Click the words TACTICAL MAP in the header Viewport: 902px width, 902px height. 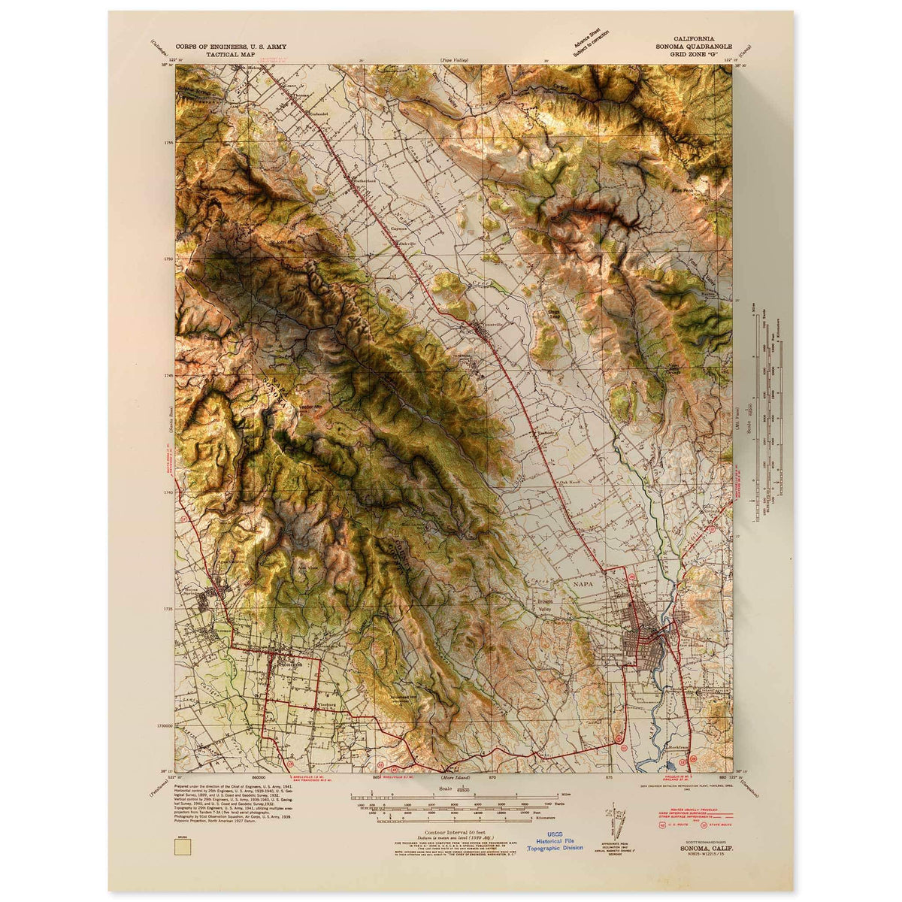click(x=221, y=56)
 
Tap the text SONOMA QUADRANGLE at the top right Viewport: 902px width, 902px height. click(x=694, y=47)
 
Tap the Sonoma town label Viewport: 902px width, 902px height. click(x=290, y=665)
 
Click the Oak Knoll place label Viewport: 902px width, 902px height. click(x=570, y=483)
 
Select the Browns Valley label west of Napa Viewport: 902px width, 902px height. click(x=544, y=606)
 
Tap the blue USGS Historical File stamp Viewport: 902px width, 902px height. click(x=554, y=840)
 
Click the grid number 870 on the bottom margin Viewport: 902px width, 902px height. click(x=493, y=776)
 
